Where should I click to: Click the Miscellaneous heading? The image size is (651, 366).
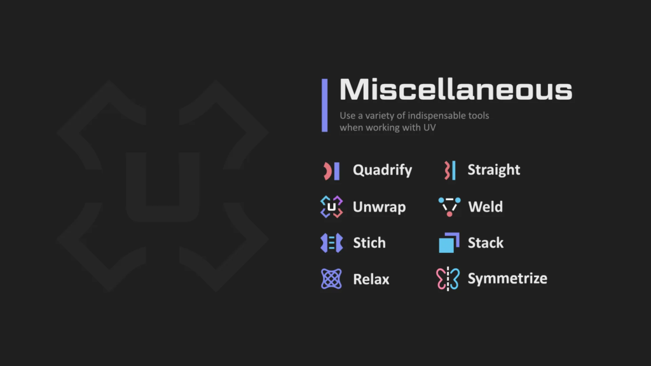coord(456,89)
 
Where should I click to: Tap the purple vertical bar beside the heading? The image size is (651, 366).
coord(325,105)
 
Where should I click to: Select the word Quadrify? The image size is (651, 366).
coord(382,170)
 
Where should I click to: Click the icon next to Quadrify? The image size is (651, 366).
coord(331,171)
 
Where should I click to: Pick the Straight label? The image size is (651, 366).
coord(493,170)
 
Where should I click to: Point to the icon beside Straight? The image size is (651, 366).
coord(449,170)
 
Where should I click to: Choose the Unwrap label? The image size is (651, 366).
coord(379,207)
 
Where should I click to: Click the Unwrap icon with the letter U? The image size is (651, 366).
coord(331,207)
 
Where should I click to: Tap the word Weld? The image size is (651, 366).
coord(485,207)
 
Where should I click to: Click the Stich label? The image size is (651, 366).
coord(369,243)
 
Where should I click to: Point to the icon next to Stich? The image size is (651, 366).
coord(331,243)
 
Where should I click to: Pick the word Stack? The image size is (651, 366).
coord(485,243)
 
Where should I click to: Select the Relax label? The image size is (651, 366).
coord(371,280)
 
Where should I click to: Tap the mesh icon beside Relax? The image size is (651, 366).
coord(331,279)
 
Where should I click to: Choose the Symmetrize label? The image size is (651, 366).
coord(507,278)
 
